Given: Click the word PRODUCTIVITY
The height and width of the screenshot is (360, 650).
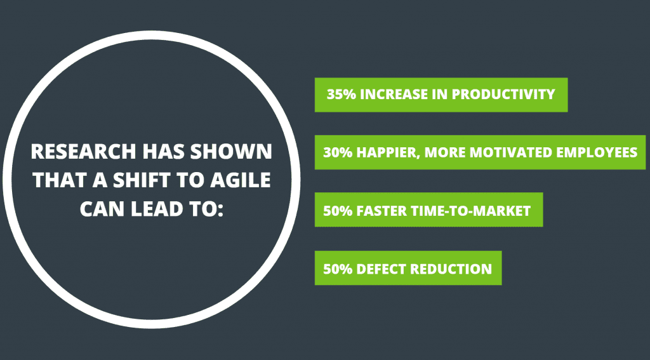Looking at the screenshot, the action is click(503, 95).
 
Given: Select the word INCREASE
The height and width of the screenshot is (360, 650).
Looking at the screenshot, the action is click(395, 95).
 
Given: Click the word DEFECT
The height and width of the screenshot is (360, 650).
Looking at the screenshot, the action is click(381, 269).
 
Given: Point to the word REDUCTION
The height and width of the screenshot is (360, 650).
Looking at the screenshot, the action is click(451, 269).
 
